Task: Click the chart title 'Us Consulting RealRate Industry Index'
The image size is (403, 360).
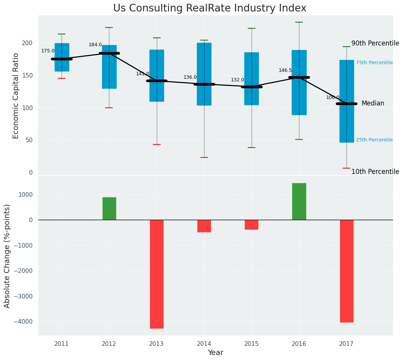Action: click(210, 8)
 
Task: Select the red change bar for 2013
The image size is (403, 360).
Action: click(157, 274)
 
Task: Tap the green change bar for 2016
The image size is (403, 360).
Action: click(299, 201)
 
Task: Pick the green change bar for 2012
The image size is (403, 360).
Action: click(109, 208)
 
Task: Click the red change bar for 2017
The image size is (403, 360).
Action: click(346, 271)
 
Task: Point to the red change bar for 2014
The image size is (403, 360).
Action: click(204, 226)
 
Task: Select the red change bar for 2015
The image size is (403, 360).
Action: click(252, 224)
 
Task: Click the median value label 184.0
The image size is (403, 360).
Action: click(95, 45)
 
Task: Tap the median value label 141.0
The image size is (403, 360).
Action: click(143, 74)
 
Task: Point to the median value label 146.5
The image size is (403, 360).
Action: click(285, 70)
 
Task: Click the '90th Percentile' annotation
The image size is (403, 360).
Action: click(375, 43)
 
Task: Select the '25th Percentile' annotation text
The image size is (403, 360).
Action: click(374, 140)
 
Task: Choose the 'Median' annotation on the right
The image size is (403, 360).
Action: click(373, 103)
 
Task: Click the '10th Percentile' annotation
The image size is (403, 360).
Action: click(375, 172)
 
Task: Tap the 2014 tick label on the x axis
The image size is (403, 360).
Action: click(204, 344)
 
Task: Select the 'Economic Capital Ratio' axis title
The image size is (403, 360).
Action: click(16, 96)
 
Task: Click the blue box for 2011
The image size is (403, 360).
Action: click(62, 57)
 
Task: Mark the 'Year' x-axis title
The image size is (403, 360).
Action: click(215, 353)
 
